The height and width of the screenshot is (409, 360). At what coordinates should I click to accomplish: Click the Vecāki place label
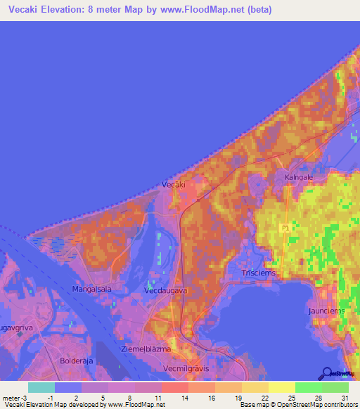point(173,184)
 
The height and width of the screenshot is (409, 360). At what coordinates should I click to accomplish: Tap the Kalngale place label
point(299,178)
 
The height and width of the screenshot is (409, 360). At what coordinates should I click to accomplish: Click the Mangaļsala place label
point(91,289)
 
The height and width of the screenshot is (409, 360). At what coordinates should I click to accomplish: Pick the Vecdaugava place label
point(163,290)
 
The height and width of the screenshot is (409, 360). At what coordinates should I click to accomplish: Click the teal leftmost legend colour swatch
point(41,387)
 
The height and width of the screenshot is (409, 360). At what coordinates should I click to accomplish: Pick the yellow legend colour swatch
point(281,387)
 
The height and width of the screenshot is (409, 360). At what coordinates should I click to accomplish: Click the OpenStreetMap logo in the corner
point(336,374)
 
